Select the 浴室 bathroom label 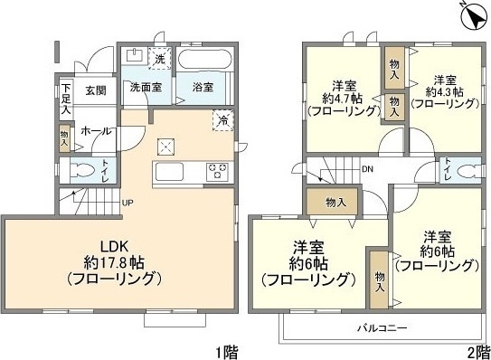tap(202, 88)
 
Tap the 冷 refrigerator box tap(222, 118)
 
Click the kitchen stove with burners tap(218, 171)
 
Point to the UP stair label tap(128, 202)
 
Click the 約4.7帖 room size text tap(340, 93)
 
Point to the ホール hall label tap(96, 132)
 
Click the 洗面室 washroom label tap(144, 88)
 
